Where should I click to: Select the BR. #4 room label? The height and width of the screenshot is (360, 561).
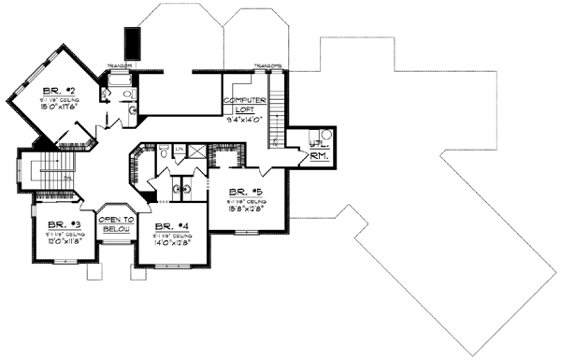point(169,225)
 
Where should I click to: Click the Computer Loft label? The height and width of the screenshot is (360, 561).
point(246,104)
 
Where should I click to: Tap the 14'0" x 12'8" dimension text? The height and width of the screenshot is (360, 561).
point(170,242)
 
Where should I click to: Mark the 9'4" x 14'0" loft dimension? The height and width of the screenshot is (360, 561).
point(246,120)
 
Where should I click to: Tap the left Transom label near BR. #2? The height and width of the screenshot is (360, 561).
point(119,65)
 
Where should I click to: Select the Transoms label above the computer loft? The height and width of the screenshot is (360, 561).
point(268,66)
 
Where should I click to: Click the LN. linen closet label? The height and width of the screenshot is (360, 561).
point(179,150)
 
